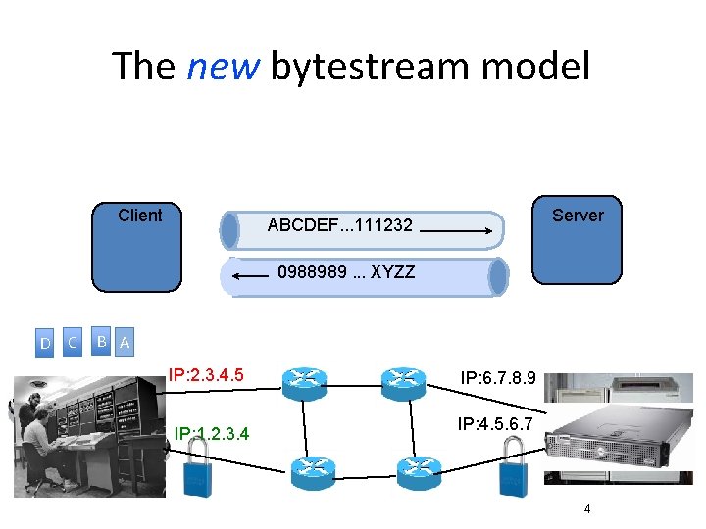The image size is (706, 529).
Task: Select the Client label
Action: [139, 216]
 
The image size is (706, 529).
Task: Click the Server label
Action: [578, 216]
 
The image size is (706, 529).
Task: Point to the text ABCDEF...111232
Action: [339, 226]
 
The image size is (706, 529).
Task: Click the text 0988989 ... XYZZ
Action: [346, 271]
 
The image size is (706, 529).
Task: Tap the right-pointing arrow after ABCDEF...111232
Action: [459, 233]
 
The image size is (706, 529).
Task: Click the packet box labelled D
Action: [45, 342]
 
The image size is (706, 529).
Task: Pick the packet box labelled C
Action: [72, 342]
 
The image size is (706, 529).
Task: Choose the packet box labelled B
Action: [101, 341]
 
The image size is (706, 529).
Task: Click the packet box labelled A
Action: [124, 343]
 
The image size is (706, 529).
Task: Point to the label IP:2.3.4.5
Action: [206, 374]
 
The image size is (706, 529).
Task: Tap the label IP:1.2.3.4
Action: [212, 432]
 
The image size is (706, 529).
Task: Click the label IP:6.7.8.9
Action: [497, 377]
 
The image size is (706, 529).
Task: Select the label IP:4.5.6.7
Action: [495, 423]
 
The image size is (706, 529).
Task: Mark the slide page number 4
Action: [586, 508]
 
